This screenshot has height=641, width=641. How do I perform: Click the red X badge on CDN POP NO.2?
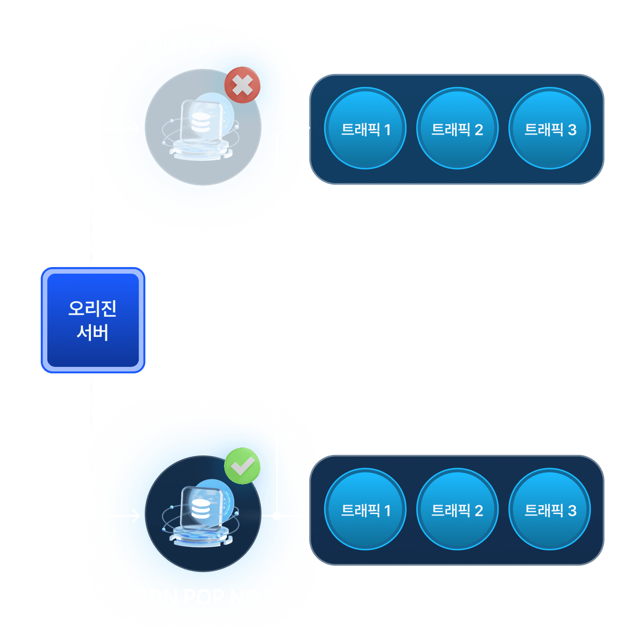(242, 85)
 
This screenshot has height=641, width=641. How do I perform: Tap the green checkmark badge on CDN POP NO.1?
(242, 466)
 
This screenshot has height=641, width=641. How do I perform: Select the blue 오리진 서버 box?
(93, 320)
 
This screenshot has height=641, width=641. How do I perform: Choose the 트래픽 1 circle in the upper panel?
(365, 128)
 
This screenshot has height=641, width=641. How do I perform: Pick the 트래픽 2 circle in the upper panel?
(457, 128)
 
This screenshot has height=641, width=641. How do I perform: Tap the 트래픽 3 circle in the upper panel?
(550, 128)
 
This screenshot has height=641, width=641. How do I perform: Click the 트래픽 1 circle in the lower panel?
(365, 509)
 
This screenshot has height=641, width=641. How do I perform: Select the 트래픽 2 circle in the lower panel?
(457, 509)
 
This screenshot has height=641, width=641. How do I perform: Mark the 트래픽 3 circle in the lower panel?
(550, 509)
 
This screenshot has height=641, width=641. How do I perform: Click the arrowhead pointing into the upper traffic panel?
(306, 128)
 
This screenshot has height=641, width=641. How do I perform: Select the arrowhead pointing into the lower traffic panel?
(306, 516)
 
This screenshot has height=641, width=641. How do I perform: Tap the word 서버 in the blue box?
(93, 333)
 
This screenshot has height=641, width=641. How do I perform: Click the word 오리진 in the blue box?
(93, 308)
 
